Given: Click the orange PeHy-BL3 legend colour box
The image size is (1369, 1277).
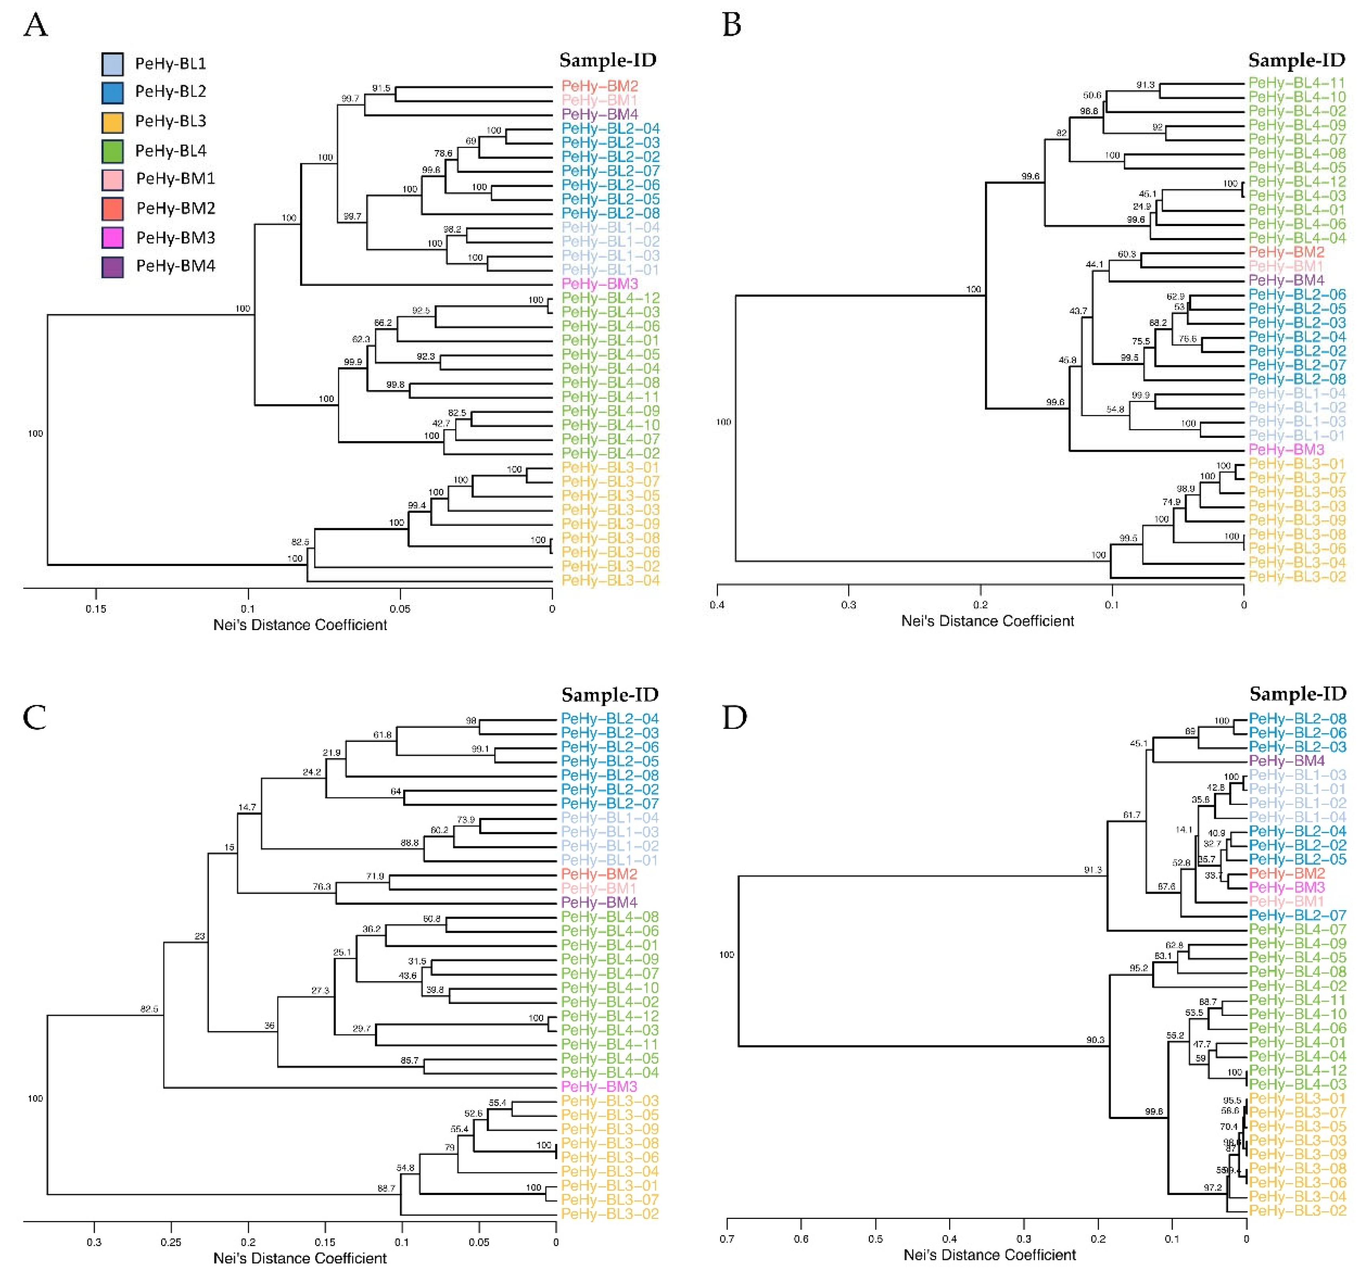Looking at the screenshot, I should (x=112, y=122).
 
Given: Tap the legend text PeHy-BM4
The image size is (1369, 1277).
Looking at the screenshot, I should (x=176, y=266).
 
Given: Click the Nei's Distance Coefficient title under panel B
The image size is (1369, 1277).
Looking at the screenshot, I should (x=987, y=621).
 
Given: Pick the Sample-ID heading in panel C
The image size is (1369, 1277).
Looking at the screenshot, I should (x=609, y=694).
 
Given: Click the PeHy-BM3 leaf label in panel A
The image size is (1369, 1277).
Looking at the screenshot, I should (x=599, y=284).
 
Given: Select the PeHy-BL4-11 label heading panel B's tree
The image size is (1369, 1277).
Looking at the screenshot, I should (x=1297, y=83).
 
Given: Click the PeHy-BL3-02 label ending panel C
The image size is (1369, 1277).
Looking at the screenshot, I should (x=609, y=1214).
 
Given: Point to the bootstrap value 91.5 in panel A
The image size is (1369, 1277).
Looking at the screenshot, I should (x=381, y=88).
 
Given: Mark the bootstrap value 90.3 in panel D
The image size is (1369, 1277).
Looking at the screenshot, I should (x=1095, y=1039).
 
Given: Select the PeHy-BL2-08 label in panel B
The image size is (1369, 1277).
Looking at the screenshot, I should (x=1297, y=379).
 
